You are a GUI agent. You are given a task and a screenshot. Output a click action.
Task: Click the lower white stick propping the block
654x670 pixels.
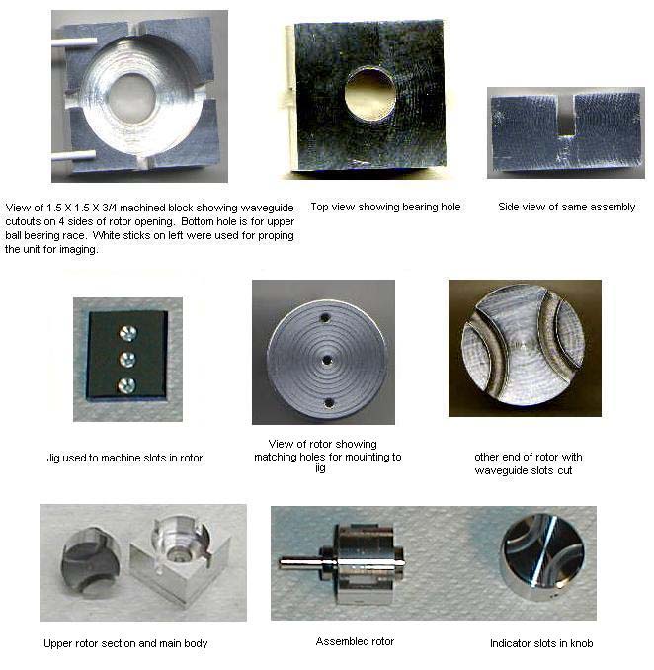click(74, 155)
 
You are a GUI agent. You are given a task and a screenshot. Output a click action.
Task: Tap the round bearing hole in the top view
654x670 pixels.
click(369, 93)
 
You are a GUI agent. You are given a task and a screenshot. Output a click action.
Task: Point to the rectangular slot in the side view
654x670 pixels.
click(566, 116)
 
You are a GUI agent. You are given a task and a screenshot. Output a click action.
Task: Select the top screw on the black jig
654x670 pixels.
click(127, 333)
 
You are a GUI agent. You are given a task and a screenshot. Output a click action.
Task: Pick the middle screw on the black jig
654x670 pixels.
click(127, 360)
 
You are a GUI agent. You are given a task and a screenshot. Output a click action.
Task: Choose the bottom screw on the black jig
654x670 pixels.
click(126, 385)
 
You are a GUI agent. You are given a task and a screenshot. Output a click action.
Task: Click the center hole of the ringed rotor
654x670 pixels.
click(327, 361)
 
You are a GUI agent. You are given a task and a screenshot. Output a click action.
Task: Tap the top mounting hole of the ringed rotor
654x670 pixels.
click(325, 318)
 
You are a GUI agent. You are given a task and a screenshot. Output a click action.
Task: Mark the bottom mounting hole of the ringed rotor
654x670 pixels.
click(329, 402)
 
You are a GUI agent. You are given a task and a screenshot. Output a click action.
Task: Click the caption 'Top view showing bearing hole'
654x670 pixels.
click(385, 207)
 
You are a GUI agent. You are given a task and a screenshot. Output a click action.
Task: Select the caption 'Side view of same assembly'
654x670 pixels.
click(566, 207)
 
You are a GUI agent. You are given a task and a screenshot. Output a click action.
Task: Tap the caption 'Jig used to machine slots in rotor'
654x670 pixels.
click(124, 458)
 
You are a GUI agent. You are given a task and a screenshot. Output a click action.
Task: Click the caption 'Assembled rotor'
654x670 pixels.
click(355, 641)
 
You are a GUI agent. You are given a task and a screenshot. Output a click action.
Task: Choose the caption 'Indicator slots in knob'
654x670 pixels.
click(541, 643)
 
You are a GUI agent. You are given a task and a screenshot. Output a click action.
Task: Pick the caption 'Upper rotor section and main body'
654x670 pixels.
click(125, 643)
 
